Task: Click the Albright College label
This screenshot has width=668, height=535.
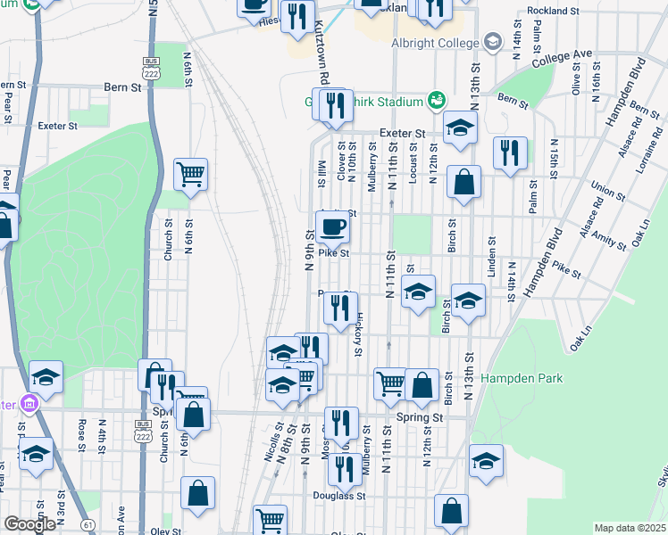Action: click(x=434, y=42)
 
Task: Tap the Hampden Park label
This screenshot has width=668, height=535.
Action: click(x=522, y=379)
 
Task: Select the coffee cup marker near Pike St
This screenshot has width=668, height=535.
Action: click(x=332, y=228)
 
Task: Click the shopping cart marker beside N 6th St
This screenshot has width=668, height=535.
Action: click(x=190, y=174)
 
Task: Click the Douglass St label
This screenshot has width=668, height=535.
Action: click(x=334, y=495)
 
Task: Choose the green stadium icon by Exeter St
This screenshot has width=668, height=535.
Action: click(x=436, y=99)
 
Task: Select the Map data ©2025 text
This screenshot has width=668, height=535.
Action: click(x=630, y=528)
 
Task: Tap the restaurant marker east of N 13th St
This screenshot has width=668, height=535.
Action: click(x=509, y=152)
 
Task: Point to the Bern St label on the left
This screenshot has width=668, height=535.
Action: click(x=123, y=87)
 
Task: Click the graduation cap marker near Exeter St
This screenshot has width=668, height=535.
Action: click(x=460, y=130)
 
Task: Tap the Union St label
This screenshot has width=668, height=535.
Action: click(x=607, y=190)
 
